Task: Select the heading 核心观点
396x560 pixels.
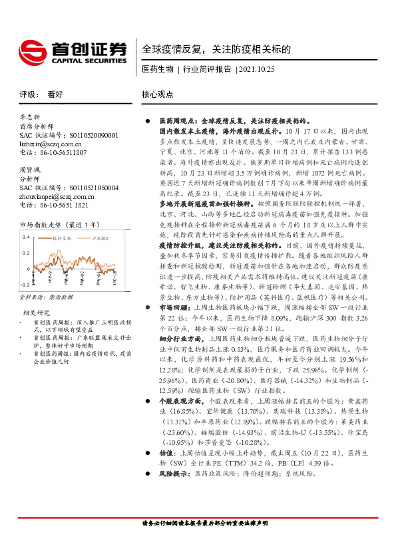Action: (x=158, y=95)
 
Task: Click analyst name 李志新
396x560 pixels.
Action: (x=30, y=116)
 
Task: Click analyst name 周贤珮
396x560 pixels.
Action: (x=30, y=170)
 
